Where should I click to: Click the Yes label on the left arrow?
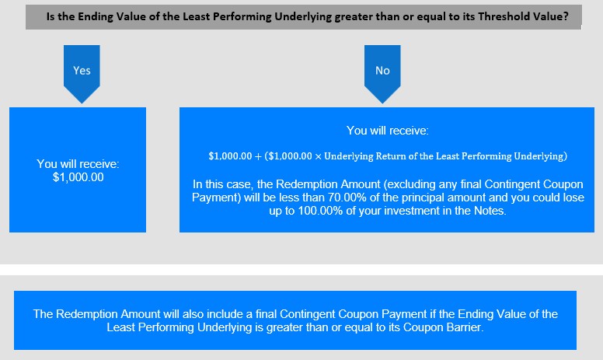coord(82,71)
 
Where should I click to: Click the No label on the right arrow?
coord(382,71)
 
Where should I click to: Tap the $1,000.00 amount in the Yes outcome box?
coord(78,177)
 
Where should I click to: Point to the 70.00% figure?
coord(343,197)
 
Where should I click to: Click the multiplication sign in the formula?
coord(318,156)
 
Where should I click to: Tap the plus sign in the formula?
coord(258,156)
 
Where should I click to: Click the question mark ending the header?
coord(566,16)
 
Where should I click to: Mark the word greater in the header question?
coord(351,17)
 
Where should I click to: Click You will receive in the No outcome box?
coord(388,131)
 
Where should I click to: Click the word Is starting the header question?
coord(51,16)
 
